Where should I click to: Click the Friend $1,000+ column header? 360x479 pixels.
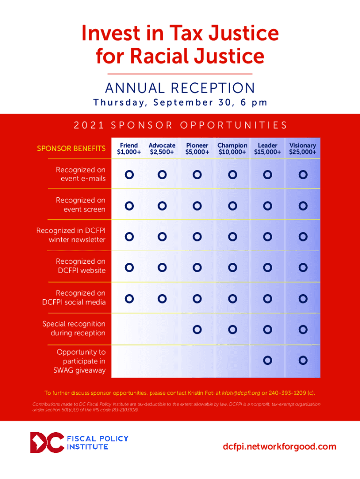coord(129,149)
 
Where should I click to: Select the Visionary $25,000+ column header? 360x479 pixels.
coord(302,149)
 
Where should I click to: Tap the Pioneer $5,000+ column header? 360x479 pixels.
coord(197,149)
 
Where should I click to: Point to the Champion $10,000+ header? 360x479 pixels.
coord(232,149)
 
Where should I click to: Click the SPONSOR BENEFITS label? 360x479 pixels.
coord(71,149)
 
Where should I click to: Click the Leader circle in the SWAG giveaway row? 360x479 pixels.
coord(267,360)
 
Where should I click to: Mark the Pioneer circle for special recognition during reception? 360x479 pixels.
coord(197,329)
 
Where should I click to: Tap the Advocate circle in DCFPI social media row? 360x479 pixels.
coord(162,298)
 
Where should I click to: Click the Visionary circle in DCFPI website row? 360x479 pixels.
coord(303,268)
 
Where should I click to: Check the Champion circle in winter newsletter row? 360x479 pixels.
coord(232,237)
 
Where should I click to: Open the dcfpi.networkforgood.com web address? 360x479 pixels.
coord(280,446)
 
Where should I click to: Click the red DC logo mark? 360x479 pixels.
coord(46,443)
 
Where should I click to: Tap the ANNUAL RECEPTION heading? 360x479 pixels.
coord(180,88)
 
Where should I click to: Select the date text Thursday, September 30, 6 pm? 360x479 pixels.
coord(180,102)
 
